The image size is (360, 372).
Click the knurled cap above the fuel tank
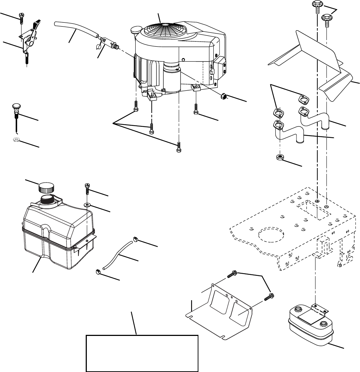click(46, 188)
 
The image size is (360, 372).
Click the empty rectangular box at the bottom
click(143, 353)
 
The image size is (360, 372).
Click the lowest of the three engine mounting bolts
click(178, 148)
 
